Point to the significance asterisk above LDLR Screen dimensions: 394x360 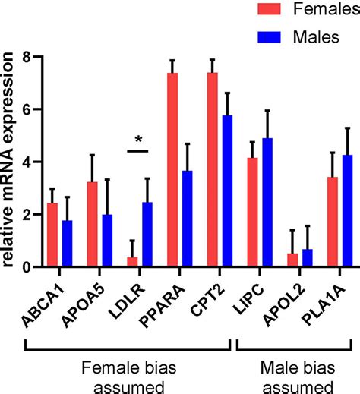[138, 139]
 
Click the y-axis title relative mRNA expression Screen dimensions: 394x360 [10, 162]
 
